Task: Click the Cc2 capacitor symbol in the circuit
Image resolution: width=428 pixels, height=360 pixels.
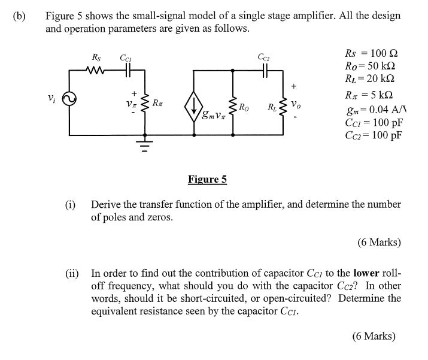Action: point(264,70)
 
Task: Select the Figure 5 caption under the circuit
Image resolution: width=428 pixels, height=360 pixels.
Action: point(207,179)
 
